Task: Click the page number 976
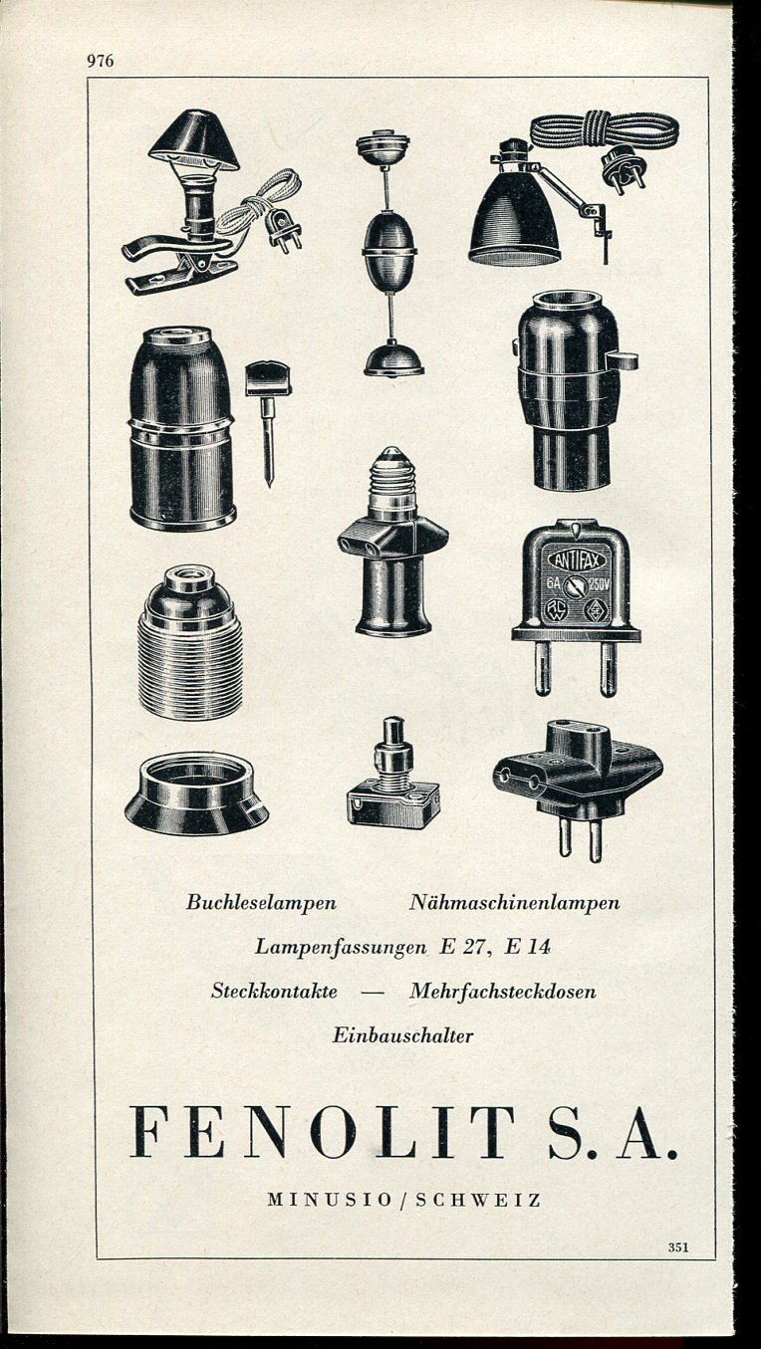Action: [x=101, y=61]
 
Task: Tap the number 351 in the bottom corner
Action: [x=678, y=1245]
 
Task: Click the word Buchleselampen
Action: [x=261, y=903]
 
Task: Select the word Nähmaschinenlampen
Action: [x=514, y=903]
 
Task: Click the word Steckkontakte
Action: [x=274, y=992]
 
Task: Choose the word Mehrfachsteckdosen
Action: [x=503, y=992]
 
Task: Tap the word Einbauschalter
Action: [x=402, y=1035]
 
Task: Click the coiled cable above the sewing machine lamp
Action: [x=604, y=129]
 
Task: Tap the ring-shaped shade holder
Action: [x=196, y=793]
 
